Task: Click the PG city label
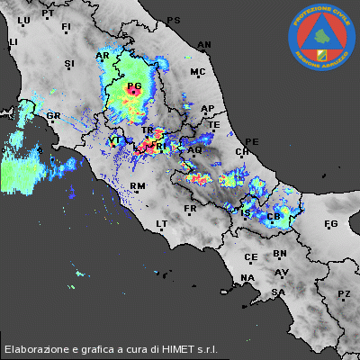click(x=134, y=87)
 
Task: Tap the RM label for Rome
click(x=138, y=186)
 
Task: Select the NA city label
click(x=247, y=278)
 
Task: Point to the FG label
click(x=330, y=223)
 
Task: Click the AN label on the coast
click(x=204, y=44)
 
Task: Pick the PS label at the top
click(x=174, y=20)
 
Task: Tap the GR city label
click(x=53, y=116)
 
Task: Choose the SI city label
click(x=70, y=64)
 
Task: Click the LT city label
click(x=163, y=223)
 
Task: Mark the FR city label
click(x=190, y=209)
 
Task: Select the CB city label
click(x=274, y=217)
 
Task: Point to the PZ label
click(x=344, y=294)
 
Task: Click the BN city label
click(x=280, y=255)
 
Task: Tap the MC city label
click(x=198, y=72)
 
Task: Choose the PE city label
click(x=252, y=142)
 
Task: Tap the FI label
click(x=66, y=28)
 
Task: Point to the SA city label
click(x=279, y=292)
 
